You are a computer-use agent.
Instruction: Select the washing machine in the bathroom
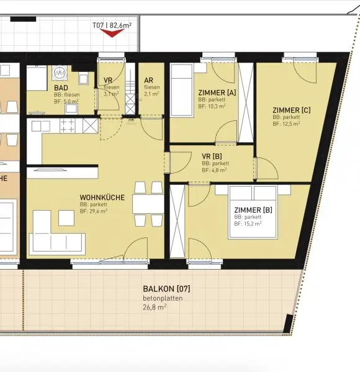pos(60,73)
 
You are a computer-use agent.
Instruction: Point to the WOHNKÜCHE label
pos(102,198)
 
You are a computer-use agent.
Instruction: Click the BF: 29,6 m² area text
pos(93,211)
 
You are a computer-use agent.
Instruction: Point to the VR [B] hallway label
pos(212,156)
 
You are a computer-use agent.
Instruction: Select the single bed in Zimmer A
pos(182,90)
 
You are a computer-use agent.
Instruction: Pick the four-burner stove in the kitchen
pos(68,125)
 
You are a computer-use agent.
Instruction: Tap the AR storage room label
pos(148,81)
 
